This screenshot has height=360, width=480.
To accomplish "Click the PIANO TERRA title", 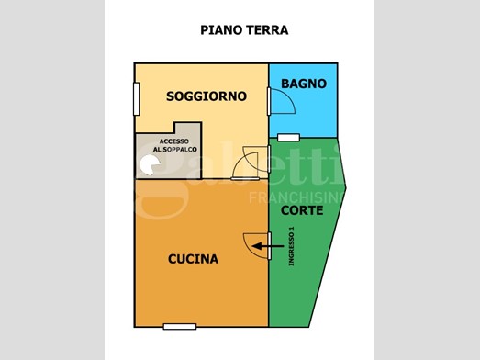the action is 244,30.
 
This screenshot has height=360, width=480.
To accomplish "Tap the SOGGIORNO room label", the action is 207,96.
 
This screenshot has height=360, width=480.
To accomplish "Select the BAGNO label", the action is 304,84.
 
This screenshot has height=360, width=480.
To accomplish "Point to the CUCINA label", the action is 193,259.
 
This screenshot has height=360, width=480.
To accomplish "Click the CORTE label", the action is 302,210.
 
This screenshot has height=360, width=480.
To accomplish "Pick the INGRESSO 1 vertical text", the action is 291,246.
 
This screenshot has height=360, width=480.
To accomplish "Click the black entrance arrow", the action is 268,246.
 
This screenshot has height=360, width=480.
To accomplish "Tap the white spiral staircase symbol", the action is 149,165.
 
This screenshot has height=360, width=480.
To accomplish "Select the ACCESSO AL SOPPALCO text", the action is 174,145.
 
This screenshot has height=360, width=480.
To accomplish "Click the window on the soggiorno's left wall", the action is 137,99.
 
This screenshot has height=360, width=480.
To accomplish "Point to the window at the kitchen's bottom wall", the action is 180,327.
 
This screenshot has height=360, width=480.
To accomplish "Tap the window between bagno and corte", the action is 288,138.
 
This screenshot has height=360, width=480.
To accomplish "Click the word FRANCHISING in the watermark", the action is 297,198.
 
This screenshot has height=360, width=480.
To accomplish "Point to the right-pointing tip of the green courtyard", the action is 346,188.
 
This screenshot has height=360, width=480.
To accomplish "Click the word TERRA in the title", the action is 267,30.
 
